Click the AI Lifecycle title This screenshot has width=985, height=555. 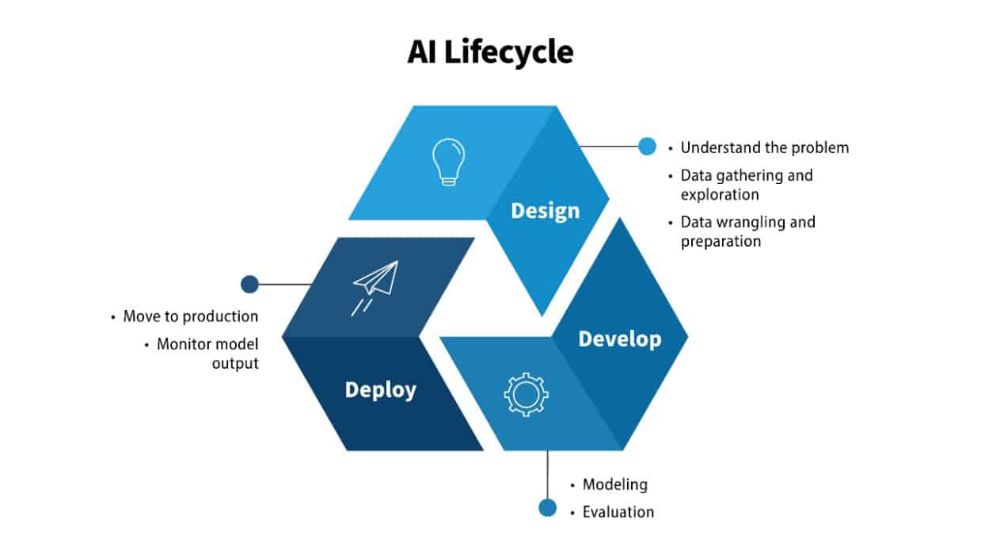click(491, 52)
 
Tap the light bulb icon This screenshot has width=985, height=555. click(448, 162)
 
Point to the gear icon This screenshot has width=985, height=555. click(526, 393)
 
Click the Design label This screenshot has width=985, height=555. click(545, 211)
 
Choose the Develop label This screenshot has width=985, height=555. click(619, 339)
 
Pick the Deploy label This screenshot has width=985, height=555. click(380, 390)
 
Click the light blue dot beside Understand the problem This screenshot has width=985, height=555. click(647, 146)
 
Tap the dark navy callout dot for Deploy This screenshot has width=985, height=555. click(249, 284)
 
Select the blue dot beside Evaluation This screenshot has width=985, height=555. click(547, 507)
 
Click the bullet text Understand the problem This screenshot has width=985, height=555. click(764, 147)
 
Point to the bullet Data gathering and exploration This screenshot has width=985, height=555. click(746, 184)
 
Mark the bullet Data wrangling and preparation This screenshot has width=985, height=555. click(747, 231)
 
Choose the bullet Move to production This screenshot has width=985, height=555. click(190, 316)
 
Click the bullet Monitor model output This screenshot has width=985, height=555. click(207, 354)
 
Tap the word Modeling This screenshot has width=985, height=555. click(614, 484)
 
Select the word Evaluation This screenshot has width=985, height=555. click(618, 512)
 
